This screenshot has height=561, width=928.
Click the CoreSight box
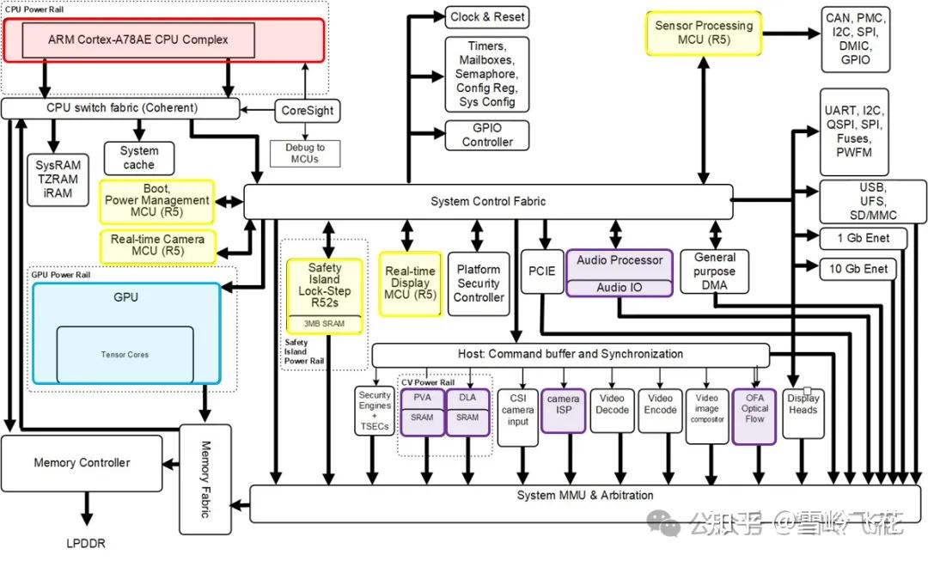point(307,111)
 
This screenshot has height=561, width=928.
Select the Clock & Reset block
point(487,17)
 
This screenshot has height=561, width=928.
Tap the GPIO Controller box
point(487,135)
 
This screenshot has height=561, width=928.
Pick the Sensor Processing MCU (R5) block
point(704,34)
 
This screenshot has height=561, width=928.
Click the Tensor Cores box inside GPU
point(125,355)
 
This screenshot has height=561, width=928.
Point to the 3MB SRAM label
point(324,324)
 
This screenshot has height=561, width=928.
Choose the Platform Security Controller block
point(479,284)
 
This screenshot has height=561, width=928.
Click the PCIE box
point(542,271)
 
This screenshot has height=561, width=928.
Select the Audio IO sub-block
point(619,288)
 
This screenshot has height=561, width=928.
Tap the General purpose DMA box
point(714,271)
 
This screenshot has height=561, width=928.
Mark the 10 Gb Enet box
point(858,269)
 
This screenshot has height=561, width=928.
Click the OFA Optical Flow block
point(754,416)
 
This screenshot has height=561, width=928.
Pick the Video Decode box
point(612,410)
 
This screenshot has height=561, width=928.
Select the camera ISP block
point(563,410)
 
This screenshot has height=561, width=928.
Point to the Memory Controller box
point(82,463)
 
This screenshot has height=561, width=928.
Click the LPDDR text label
point(86,543)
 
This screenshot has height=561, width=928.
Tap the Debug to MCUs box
point(305,153)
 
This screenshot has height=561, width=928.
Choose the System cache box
point(139,158)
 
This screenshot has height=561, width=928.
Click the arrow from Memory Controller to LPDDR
point(87,509)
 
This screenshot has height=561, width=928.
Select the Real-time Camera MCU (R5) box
point(157,246)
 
